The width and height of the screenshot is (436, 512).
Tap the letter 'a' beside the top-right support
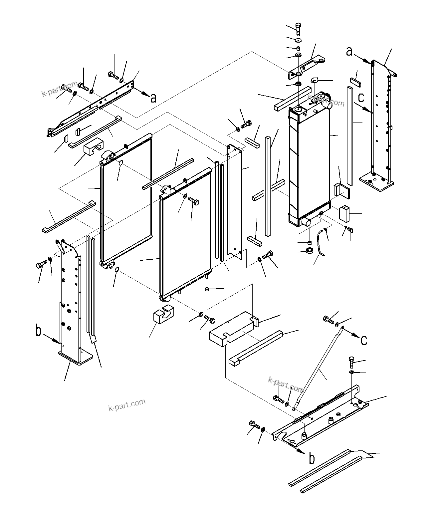click(349, 52)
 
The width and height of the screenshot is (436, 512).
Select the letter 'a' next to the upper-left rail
click(153, 98)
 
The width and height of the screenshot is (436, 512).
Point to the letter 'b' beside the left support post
click(39, 331)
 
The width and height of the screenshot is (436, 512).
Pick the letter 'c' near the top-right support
click(361, 98)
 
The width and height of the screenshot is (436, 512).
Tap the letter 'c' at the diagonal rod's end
click(364, 340)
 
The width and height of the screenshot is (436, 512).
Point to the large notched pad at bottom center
click(233, 328)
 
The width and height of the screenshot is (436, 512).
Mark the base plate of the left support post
click(75, 358)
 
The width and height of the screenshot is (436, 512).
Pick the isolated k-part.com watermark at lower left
click(127, 404)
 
